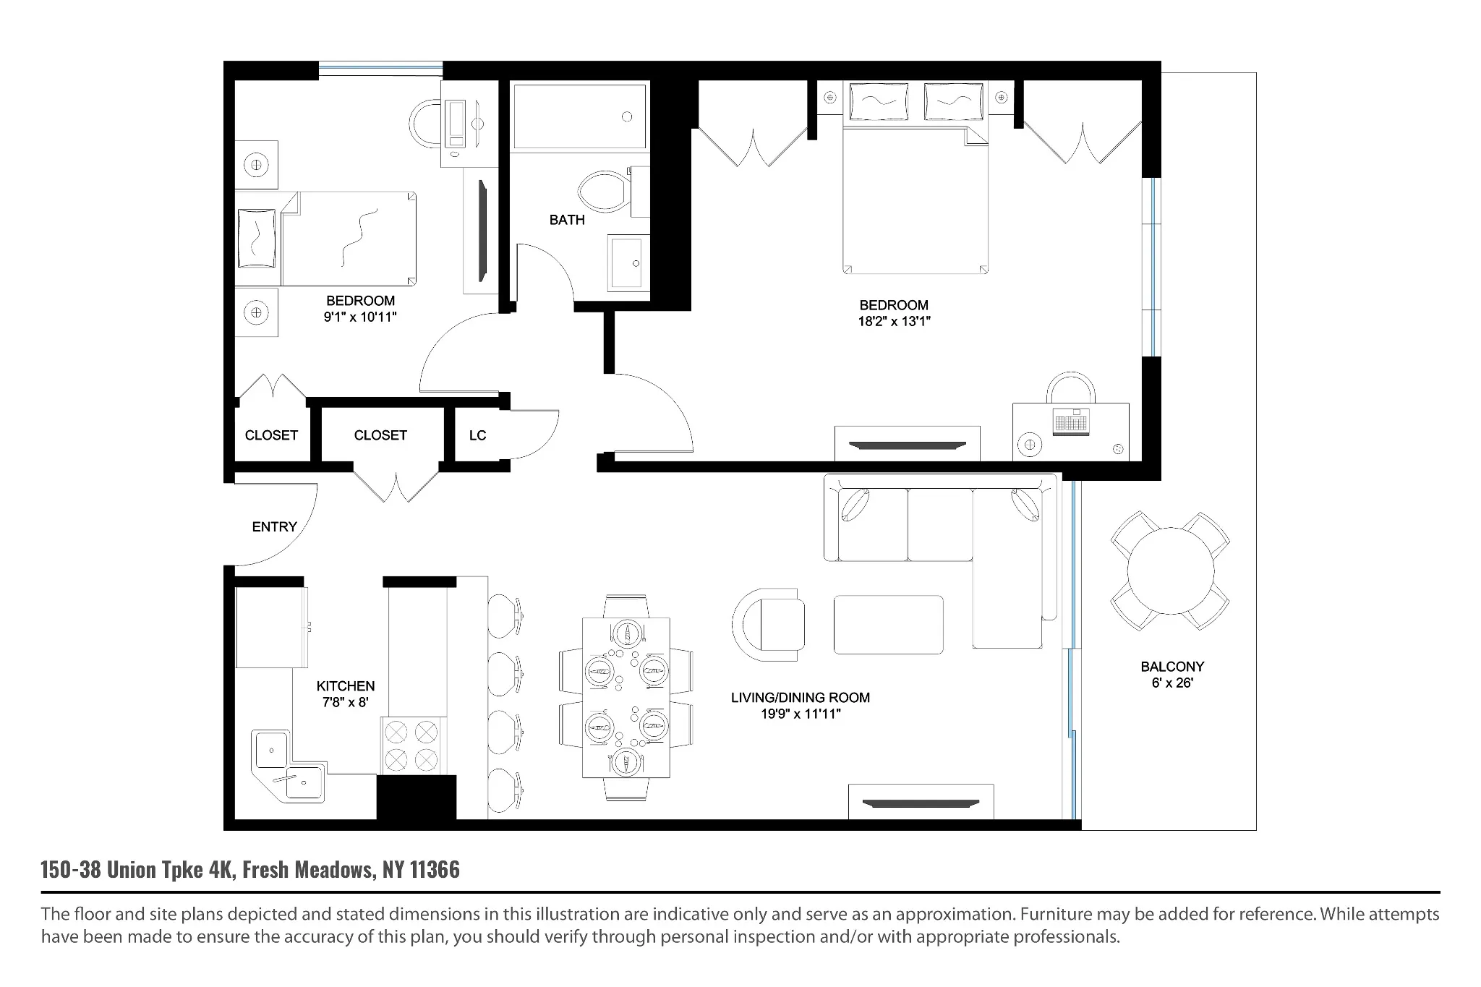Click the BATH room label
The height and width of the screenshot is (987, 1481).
pos(566,220)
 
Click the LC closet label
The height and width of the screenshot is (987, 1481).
pos(477,435)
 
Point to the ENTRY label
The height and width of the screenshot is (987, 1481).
pos(274,527)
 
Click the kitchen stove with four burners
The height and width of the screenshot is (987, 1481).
pos(411,746)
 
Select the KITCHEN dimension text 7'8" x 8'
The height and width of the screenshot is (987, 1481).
pos(345,702)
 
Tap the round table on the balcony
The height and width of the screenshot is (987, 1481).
pos(1170,571)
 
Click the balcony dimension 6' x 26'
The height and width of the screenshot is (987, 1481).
pos(1171,683)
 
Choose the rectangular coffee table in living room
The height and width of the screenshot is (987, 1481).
pos(888,625)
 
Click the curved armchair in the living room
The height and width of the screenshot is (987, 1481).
pos(769,624)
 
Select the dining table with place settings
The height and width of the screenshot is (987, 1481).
pos(626,697)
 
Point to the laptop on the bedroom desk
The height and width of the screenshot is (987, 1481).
pos(1071,422)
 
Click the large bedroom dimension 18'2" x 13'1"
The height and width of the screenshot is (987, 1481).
pos(894,322)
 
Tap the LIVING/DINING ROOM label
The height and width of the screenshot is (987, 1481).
pos(800,698)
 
